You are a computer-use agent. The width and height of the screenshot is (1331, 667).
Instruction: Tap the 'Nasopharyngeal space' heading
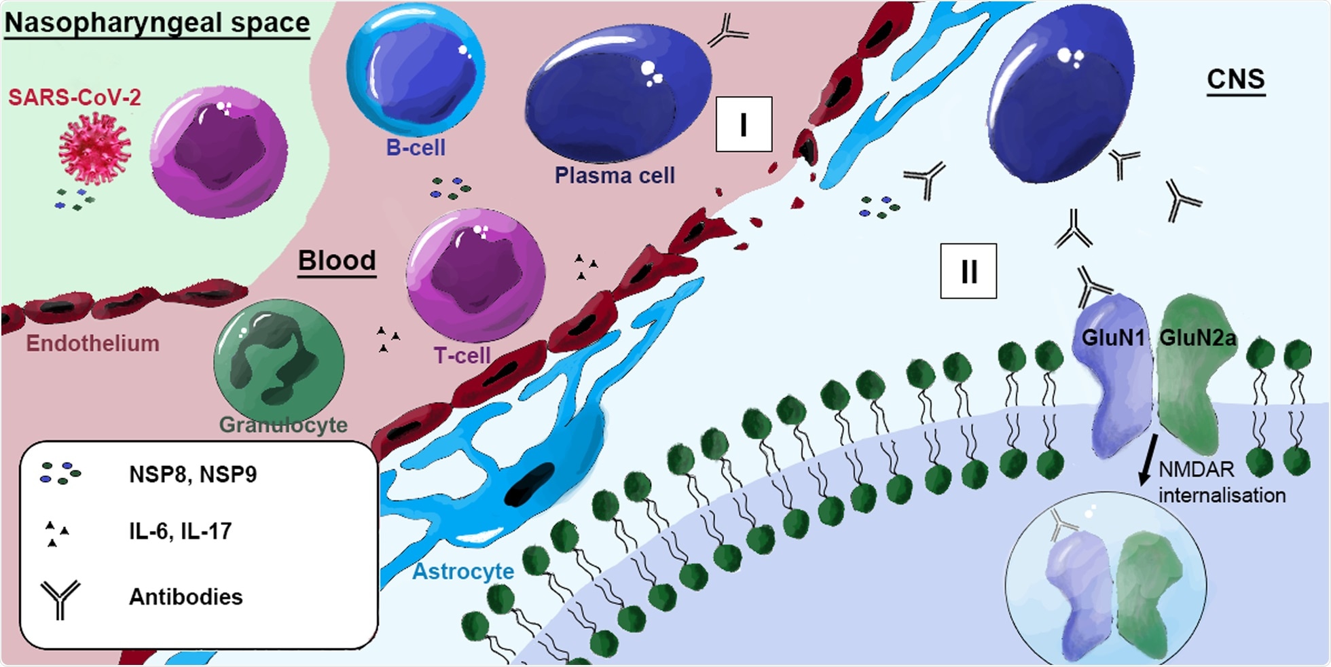pos(157,22)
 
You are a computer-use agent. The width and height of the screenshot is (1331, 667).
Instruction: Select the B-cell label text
pos(416,147)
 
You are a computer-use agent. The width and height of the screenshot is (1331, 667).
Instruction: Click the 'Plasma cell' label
pos(615,175)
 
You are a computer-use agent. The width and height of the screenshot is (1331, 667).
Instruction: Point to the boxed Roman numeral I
pos(744,124)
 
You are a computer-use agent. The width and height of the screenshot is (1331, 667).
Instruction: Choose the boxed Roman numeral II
pos(968,271)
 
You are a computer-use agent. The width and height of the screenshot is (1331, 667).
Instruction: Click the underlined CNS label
pos(1235,79)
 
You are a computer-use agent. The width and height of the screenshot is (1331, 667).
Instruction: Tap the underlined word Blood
pos(337,260)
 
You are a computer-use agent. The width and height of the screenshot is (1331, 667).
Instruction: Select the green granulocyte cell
pos(278,361)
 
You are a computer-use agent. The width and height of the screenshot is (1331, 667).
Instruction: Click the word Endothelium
pos(92,343)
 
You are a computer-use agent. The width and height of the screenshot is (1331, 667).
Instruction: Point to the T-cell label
pos(462,355)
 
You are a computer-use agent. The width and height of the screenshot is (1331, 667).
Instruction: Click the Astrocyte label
pos(463,571)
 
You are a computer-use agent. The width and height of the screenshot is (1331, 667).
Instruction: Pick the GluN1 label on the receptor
pos(1112,338)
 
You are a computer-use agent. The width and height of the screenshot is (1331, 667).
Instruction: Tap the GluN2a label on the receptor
pos(1197,338)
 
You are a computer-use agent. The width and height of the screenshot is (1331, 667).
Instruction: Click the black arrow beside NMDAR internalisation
pos(1147,462)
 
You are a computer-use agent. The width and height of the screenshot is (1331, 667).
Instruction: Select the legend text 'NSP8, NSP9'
pos(193,474)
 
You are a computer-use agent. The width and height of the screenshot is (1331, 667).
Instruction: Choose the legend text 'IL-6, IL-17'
pos(180,530)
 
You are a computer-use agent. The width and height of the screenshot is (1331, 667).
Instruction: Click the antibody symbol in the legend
pos(60,598)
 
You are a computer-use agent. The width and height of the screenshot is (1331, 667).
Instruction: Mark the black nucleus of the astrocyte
pos(529,484)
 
